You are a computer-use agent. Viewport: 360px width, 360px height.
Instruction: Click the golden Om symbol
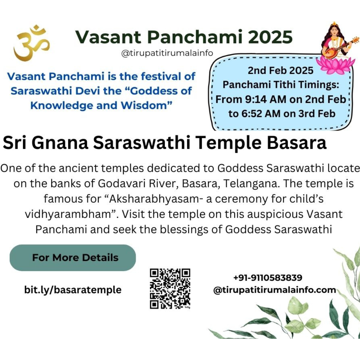[x=31, y=43]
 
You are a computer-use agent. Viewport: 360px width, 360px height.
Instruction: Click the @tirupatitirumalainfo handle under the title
[x=167, y=53]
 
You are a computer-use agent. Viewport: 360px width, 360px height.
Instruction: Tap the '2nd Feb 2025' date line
[x=281, y=70]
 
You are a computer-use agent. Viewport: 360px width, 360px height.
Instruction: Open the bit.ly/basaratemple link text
[x=73, y=290]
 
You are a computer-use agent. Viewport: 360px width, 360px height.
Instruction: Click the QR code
[x=170, y=289]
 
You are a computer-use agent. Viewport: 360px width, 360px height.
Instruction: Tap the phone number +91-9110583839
[x=268, y=278]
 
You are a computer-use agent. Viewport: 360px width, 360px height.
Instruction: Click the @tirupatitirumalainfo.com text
[x=275, y=290]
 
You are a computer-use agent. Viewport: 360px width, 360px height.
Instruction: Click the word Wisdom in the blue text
[x=146, y=106]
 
